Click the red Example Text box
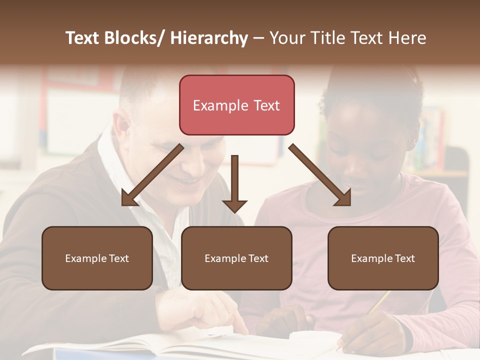(x=236, y=105)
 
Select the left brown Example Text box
(x=97, y=258)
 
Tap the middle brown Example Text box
(x=236, y=258)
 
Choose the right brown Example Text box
(x=383, y=258)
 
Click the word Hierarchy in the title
(x=209, y=38)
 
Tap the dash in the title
(x=258, y=38)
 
